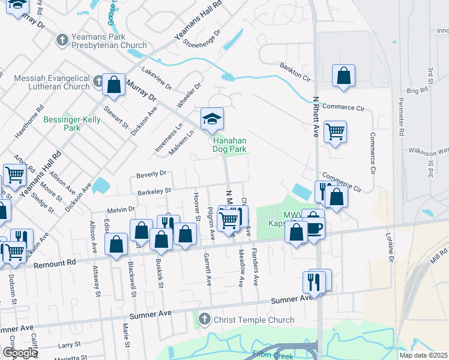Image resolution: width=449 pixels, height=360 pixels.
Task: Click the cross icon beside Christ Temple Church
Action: click(x=205, y=319)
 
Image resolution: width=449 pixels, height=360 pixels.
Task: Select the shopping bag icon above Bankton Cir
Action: click(x=343, y=76)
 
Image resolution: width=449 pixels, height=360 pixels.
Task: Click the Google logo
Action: click(x=20, y=353)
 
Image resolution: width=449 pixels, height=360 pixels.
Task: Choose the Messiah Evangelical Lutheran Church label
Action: click(x=51, y=83)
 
